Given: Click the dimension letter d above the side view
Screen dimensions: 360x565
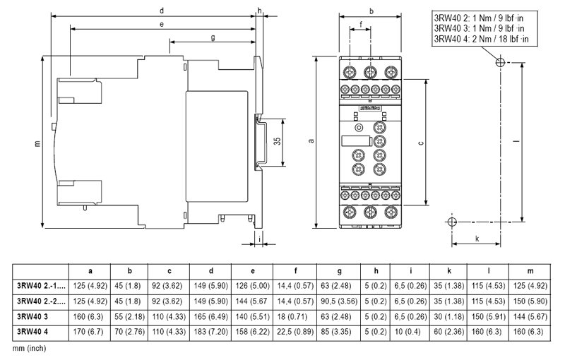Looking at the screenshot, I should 162,11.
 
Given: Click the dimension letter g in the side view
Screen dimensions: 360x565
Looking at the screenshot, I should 213,37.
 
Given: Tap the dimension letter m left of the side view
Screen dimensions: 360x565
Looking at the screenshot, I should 37,144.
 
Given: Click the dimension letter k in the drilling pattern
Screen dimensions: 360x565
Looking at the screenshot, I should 478,239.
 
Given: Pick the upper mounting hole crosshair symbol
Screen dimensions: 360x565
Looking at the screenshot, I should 501,62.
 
